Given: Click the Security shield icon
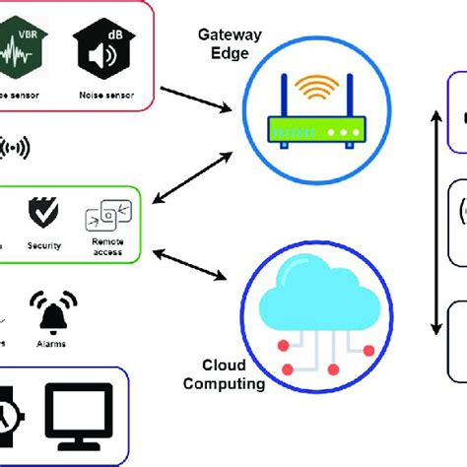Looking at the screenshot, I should point(42,212).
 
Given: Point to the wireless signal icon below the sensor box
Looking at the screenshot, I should point(12,148).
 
